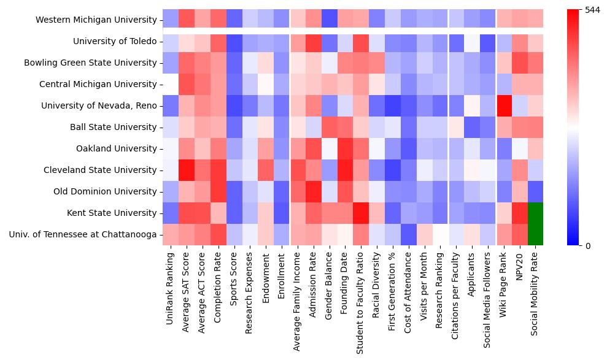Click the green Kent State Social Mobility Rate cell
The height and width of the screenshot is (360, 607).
535,213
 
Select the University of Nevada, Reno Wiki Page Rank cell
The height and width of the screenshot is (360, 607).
503,105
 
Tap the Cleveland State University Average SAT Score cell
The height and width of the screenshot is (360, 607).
187,170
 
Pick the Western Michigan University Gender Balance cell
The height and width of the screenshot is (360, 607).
329,20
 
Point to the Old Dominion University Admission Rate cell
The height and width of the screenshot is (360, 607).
313,191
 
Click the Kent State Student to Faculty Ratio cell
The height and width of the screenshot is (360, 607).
361,213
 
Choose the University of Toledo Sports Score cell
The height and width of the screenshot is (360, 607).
234,41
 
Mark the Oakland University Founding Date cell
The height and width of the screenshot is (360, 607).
345,148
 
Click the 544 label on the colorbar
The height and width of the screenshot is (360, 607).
593,10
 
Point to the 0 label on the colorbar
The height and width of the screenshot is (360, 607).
588,246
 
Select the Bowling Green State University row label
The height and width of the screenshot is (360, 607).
90,63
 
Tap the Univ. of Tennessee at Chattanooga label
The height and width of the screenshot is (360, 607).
83,234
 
